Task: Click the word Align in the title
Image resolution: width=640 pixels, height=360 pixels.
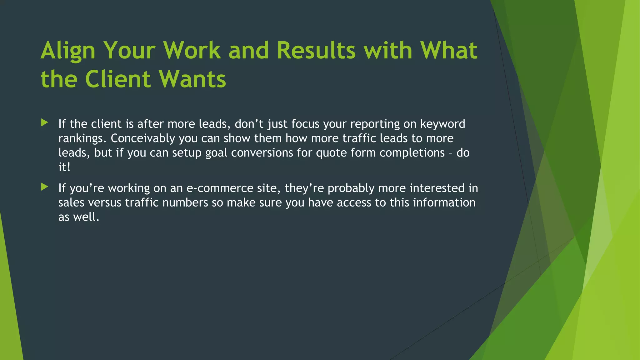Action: pos(68,51)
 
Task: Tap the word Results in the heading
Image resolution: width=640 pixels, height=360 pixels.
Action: pos(316,51)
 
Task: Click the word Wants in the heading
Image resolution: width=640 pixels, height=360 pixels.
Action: pos(192,79)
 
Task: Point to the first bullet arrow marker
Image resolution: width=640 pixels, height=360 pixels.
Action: pos(44,123)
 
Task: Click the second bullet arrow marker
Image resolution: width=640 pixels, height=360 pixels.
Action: pos(44,187)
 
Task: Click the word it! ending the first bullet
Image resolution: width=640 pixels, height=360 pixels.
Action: pos(64,167)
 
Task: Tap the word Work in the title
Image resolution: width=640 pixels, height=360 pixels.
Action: pos(192,51)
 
